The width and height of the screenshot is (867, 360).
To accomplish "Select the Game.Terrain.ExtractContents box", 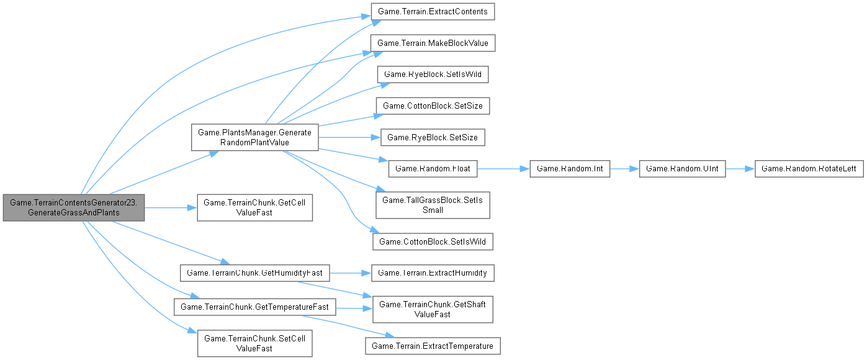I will coord(432,12).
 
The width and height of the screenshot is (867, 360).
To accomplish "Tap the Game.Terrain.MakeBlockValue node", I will coord(433,43).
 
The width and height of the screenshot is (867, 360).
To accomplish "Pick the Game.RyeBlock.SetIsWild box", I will coord(433,74).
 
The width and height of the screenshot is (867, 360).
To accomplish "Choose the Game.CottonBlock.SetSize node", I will coord(433,106).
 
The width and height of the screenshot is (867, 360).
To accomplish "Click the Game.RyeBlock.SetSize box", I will coord(433,137).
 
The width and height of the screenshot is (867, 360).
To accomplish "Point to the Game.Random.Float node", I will coord(433,168).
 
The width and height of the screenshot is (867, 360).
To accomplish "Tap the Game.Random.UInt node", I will coord(682,168).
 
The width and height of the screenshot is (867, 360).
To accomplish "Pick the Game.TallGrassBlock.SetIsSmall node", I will coord(433,205).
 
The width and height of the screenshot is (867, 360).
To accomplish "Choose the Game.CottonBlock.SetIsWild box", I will coord(433,241).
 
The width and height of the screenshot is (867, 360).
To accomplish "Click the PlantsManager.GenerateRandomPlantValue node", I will coord(254,137).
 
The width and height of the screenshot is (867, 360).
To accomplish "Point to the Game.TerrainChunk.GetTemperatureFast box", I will coord(254,306).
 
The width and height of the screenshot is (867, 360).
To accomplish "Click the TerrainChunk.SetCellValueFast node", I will coord(254,343).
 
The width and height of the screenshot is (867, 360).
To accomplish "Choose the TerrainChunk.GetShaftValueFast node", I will coord(433,308).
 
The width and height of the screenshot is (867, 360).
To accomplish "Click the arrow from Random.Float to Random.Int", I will coord(503,168).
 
